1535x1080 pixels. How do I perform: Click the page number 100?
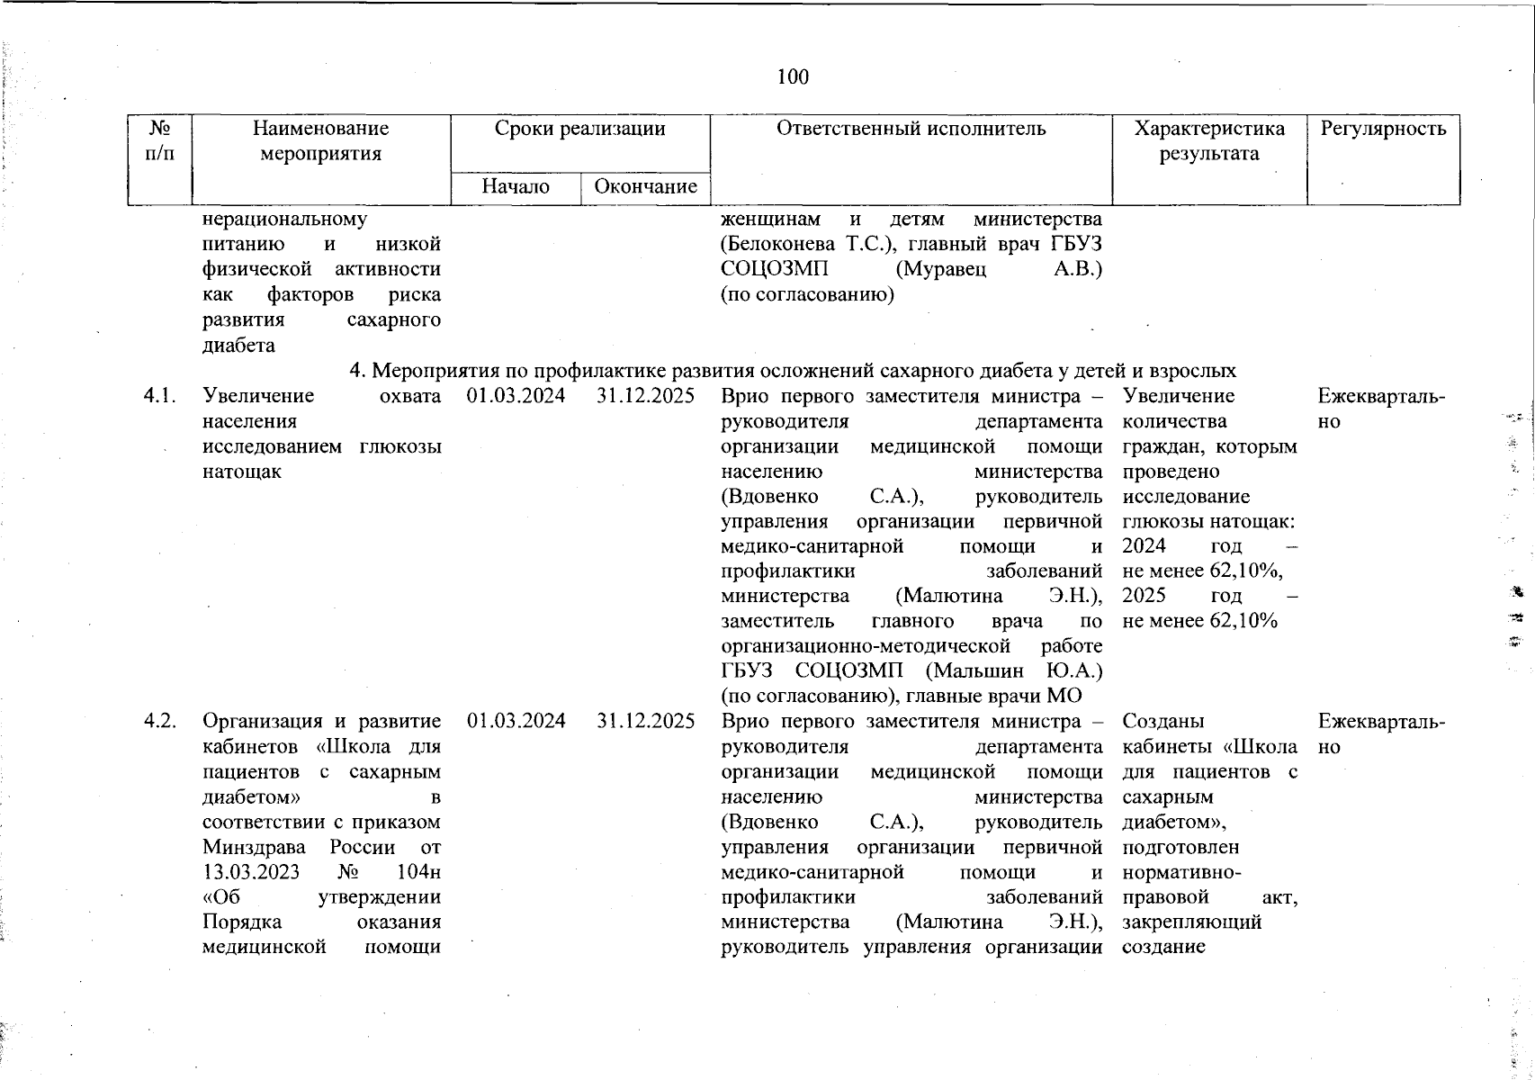point(793,77)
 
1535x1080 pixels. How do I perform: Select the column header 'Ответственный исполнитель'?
point(911,129)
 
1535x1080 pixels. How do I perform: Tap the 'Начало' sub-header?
point(516,186)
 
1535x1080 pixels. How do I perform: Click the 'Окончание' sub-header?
point(645,186)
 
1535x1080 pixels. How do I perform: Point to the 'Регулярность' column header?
point(1383,129)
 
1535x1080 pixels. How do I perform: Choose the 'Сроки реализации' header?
point(579,129)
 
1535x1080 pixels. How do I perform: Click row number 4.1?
point(159,396)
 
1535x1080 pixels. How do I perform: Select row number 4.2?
point(159,721)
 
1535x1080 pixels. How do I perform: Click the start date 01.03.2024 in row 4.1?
point(516,396)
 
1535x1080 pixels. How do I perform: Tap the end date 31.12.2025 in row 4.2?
point(645,721)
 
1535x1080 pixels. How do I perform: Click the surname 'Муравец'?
point(940,269)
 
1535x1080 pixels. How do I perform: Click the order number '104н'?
point(417,872)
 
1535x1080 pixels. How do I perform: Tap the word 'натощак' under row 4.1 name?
point(242,472)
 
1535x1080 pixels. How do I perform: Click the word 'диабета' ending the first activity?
point(238,346)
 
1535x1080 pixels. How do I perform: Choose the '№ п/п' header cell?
point(159,140)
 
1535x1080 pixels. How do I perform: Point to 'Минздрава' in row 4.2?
point(255,847)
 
